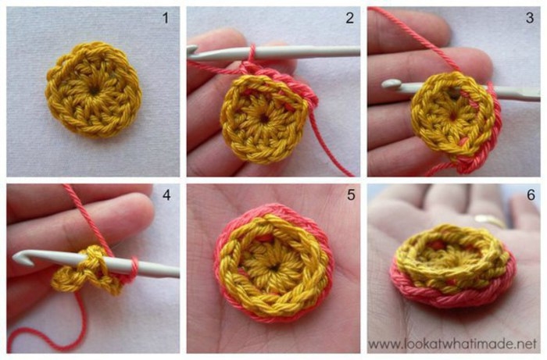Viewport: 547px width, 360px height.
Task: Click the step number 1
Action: tap(166, 18)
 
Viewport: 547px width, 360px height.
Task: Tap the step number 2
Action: tap(349, 18)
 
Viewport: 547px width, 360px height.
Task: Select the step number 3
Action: tap(530, 17)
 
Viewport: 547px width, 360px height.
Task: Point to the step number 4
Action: tap(166, 195)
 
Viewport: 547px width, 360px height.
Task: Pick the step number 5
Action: tap(351, 194)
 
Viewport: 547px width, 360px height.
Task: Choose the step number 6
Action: tap(531, 194)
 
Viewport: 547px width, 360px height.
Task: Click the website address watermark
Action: tap(452, 344)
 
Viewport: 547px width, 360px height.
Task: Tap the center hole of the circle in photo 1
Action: tap(95, 91)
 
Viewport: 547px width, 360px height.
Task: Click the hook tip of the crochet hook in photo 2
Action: tap(191, 50)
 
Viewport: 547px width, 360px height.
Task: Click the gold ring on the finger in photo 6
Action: tap(489, 220)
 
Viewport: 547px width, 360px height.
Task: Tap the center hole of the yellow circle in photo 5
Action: tap(273, 268)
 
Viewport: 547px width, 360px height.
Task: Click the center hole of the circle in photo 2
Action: tap(264, 118)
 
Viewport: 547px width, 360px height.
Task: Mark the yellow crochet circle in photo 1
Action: tap(94, 89)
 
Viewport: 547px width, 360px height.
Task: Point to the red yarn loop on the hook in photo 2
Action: tap(252, 53)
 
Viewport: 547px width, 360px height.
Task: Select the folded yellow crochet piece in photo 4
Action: tap(88, 270)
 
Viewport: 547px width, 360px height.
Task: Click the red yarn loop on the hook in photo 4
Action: tap(134, 268)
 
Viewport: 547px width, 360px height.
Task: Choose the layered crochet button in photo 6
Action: tap(452, 266)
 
